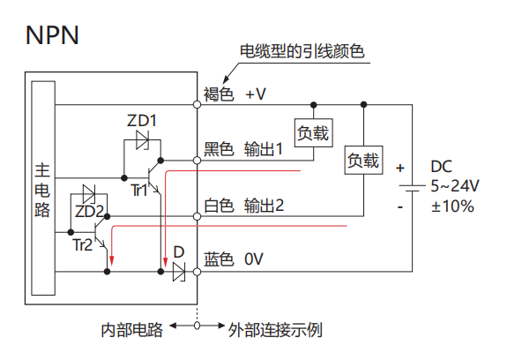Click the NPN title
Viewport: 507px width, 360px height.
(52, 35)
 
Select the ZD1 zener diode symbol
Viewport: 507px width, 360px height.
(142, 140)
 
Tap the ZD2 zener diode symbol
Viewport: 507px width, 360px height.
(89, 194)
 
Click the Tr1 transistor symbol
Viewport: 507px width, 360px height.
(153, 178)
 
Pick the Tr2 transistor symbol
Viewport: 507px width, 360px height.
(101, 233)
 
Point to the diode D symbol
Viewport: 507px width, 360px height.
(179, 272)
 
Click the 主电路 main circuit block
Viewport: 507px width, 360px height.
(43, 188)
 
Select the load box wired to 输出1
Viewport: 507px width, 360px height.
(314, 133)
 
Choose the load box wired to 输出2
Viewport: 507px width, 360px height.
(364, 161)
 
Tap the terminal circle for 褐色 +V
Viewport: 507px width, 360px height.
(197, 105)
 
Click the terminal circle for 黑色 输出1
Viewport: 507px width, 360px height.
(197, 161)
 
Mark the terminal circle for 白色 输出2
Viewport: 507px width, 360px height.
(197, 216)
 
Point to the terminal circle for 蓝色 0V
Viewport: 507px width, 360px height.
(197, 272)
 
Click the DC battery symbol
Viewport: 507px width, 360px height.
(413, 188)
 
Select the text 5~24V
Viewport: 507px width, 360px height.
(455, 186)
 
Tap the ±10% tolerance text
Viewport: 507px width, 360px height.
(452, 206)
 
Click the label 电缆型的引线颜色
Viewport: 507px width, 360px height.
(302, 51)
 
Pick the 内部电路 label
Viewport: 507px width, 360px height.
(131, 330)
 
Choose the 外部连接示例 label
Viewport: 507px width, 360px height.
(275, 330)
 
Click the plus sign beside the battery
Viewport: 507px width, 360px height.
(400, 168)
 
